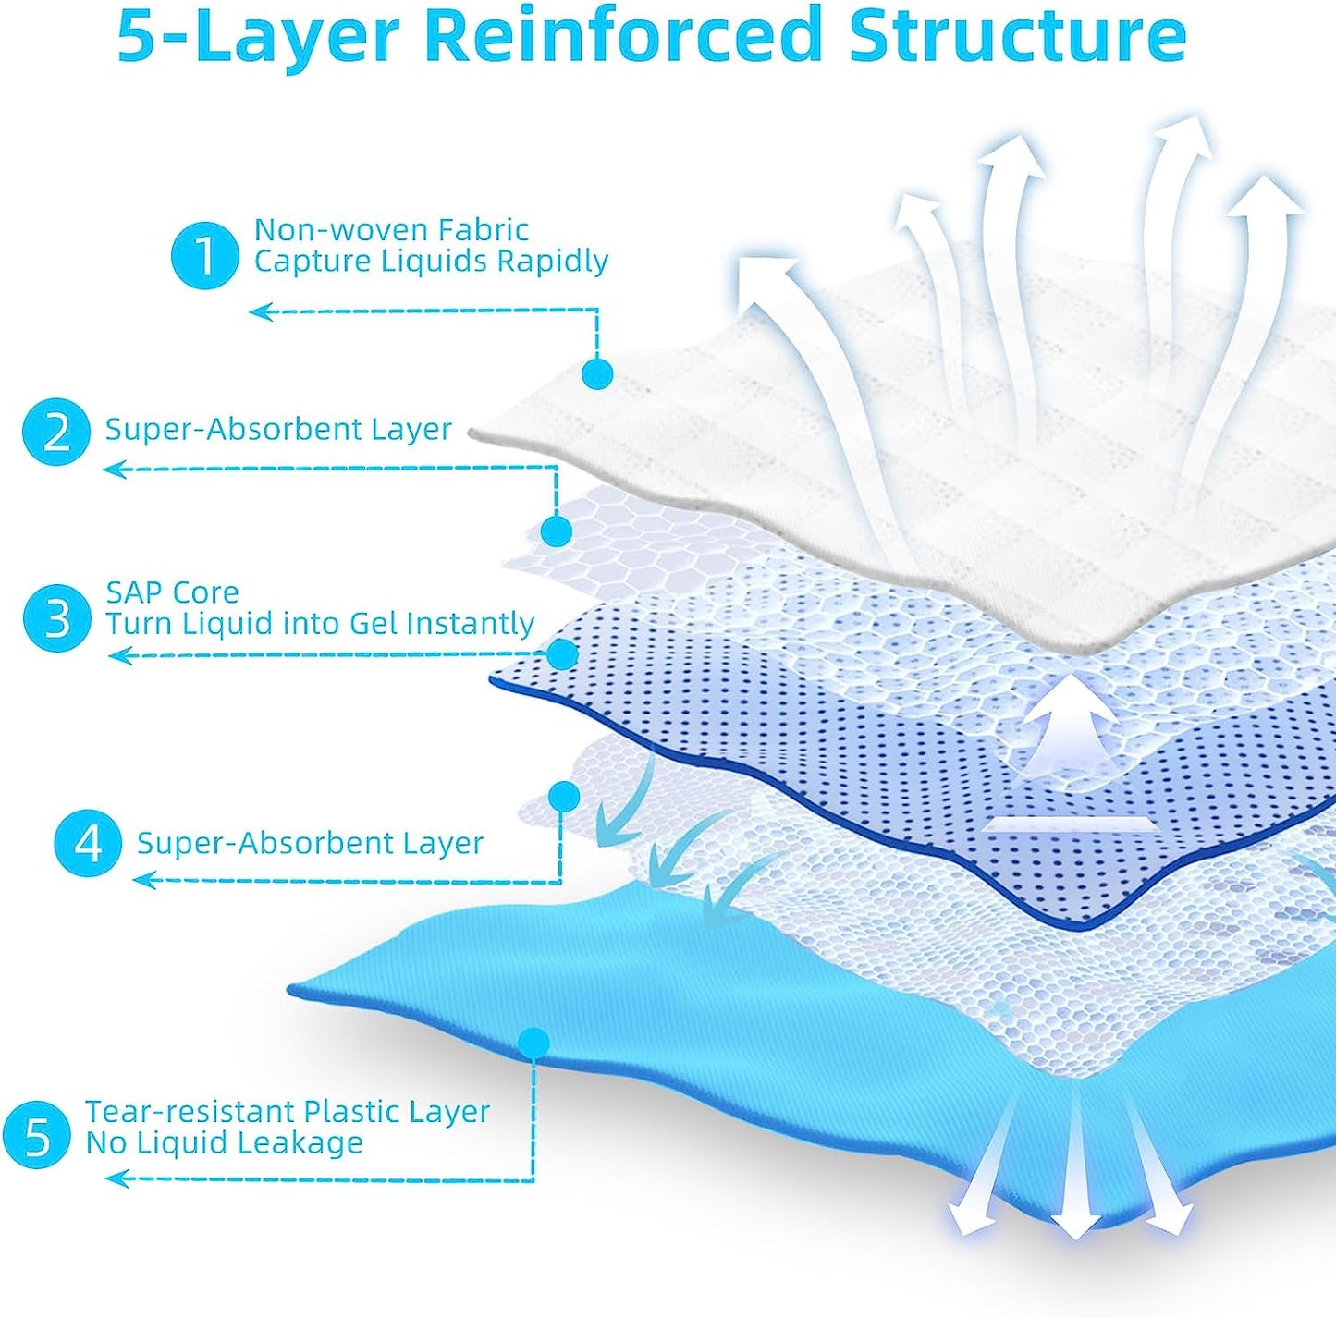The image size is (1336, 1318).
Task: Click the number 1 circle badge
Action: pyautogui.click(x=204, y=255)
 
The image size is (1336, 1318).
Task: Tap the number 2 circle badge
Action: pyautogui.click(x=56, y=432)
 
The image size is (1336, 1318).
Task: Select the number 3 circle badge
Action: pyautogui.click(x=56, y=617)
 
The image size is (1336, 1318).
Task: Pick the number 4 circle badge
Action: pyautogui.click(x=87, y=843)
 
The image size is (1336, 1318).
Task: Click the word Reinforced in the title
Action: pyautogui.click(x=624, y=35)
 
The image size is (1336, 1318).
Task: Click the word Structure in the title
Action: pyautogui.click(x=1017, y=35)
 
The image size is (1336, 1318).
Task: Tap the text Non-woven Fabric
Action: pyautogui.click(x=391, y=229)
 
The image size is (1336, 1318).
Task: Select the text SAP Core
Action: pyautogui.click(x=172, y=592)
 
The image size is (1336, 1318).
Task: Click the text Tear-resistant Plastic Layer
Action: pyautogui.click(x=287, y=1111)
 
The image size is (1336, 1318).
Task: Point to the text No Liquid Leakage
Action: pyautogui.click(x=224, y=1143)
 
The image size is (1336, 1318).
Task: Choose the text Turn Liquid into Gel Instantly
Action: pyautogui.click(x=319, y=624)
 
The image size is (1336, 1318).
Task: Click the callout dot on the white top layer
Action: pyautogui.click(x=597, y=373)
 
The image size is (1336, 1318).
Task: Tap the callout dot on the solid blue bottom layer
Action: pyautogui.click(x=533, y=1043)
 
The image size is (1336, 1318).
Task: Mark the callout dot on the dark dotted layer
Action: pyautogui.click(x=562, y=654)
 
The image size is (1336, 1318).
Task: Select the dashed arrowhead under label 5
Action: pyautogui.click(x=116, y=1178)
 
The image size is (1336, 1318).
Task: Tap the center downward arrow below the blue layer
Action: pyautogui.click(x=1074, y=1174)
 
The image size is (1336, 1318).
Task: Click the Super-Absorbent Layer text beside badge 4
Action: pyautogui.click(x=310, y=843)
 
